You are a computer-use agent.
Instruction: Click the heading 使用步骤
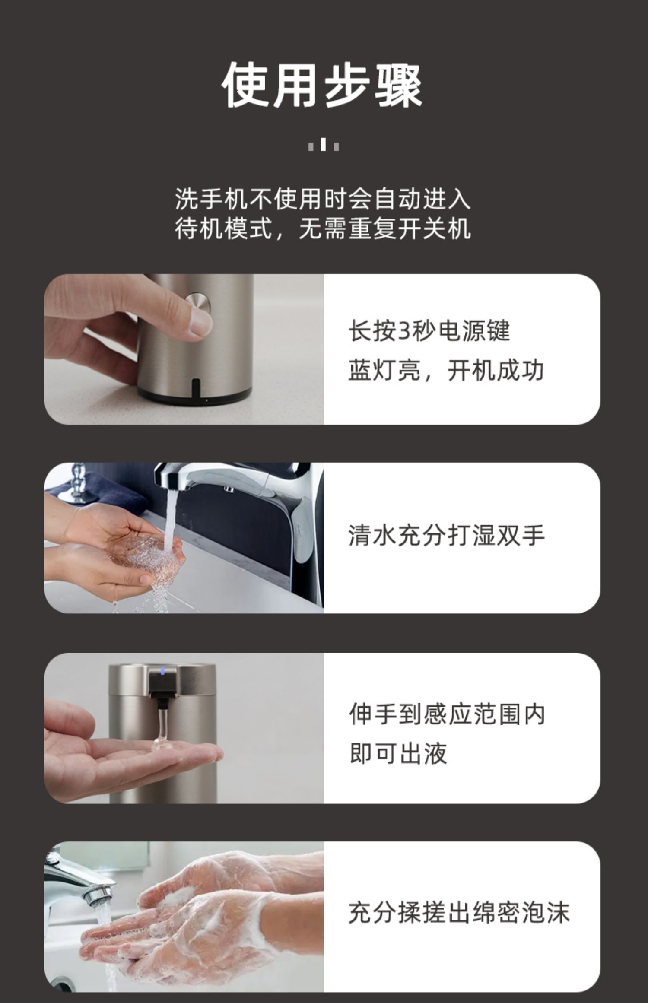[x=322, y=85]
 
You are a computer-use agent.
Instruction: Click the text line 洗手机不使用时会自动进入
[x=323, y=199]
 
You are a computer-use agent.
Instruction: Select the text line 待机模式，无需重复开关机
[x=323, y=229]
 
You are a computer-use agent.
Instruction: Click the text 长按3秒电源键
[x=429, y=331]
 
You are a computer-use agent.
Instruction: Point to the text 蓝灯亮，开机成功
[x=446, y=370]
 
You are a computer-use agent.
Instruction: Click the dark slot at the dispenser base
[x=196, y=387]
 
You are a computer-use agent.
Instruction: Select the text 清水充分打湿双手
[x=446, y=536]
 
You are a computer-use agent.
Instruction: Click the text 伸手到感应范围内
[x=447, y=714]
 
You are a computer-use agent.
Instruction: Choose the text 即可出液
[x=398, y=753]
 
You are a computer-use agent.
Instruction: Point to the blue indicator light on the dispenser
[x=162, y=671]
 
